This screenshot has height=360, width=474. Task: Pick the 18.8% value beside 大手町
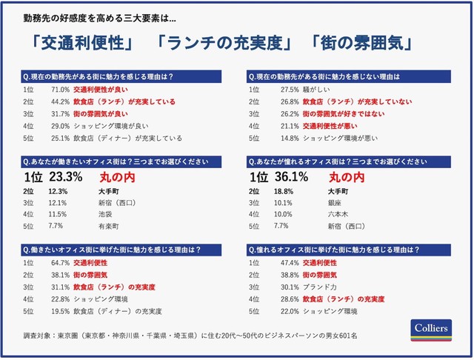click(x=286, y=190)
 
